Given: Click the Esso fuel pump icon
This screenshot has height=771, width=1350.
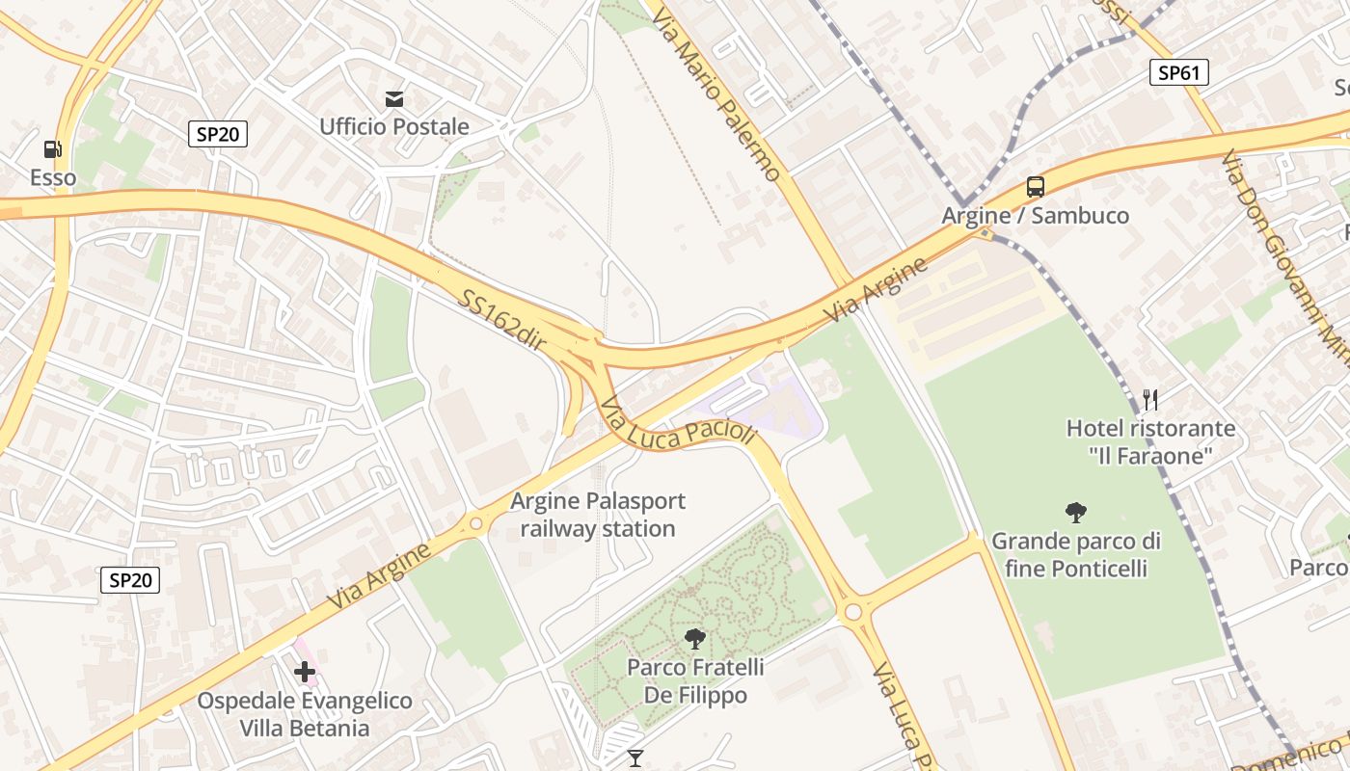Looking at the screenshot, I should point(52,149).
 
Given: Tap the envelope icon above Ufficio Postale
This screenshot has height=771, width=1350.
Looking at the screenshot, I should point(394,98).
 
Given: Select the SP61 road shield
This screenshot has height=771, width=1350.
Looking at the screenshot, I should point(1178,72).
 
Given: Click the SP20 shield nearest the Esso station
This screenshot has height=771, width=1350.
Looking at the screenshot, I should point(217,134).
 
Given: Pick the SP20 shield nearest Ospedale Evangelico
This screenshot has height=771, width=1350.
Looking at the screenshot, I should point(130,580).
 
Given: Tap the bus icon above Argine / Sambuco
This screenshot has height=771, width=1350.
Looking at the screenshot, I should point(1035,187).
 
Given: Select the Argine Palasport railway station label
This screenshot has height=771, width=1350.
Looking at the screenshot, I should point(598,515).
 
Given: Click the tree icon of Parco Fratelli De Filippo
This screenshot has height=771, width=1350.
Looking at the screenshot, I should point(694,638).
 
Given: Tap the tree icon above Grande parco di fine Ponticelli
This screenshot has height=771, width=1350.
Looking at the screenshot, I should point(1075,512).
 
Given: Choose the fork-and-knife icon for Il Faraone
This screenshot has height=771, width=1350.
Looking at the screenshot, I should point(1149,398).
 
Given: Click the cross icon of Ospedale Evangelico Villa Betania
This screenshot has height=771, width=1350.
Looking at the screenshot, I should point(305,672).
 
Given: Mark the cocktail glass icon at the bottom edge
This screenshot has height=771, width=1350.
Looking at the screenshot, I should point(634,758).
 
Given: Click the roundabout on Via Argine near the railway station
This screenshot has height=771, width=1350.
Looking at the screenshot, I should point(475,523).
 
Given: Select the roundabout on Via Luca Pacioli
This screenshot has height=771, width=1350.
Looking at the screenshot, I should point(852,612).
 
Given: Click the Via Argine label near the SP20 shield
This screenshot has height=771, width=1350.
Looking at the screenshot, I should point(378,576).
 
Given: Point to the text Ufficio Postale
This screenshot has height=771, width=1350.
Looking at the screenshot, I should point(394,126).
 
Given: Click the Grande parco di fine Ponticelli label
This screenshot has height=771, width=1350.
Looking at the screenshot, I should point(1075,554).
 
